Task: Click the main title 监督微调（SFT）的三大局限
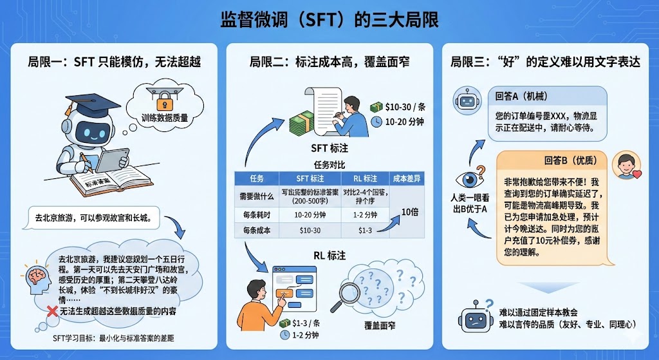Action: (x=329, y=19)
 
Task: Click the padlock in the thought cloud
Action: (x=161, y=97)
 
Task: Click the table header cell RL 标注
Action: (x=365, y=178)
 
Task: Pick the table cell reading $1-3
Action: (x=365, y=230)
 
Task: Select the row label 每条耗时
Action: (x=256, y=213)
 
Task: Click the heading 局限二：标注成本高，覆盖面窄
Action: (x=329, y=62)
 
